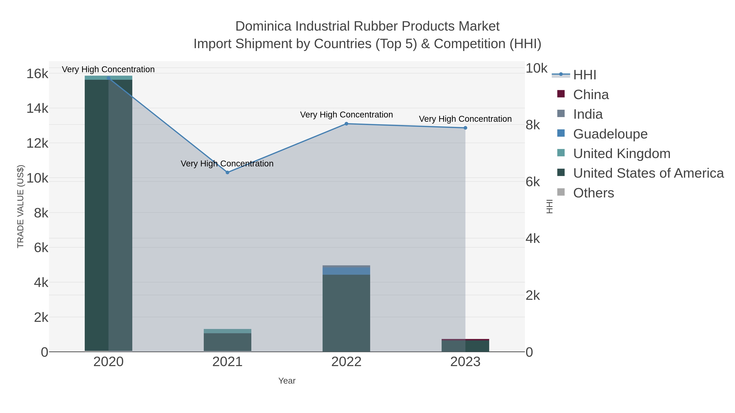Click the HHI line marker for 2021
227,172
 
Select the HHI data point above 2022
346,124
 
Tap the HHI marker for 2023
465,128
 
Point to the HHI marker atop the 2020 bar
108,78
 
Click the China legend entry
591,95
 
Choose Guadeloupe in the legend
610,134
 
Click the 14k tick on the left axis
37,109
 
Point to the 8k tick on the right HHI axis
533,125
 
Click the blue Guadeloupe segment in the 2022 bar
346,271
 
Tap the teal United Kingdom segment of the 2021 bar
227,331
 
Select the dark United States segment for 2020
97,214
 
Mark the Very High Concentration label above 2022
346,115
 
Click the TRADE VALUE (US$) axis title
21,206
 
